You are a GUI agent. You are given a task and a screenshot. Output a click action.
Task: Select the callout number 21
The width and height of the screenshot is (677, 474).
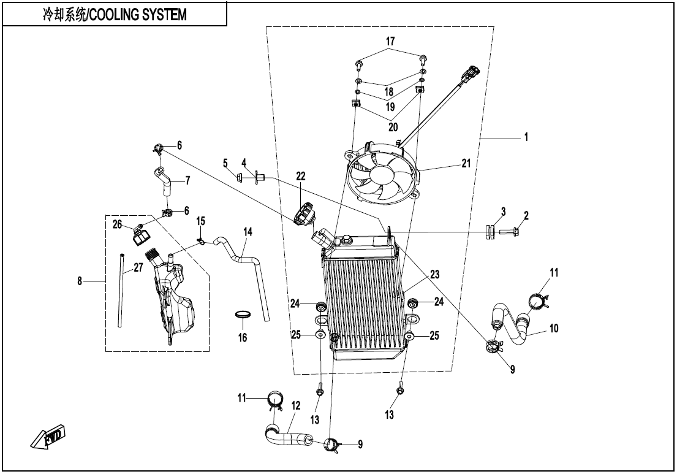tap(467, 164)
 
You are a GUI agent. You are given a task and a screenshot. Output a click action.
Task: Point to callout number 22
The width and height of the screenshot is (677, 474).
tap(300, 176)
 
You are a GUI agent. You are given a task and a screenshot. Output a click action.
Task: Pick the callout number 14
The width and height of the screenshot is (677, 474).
tap(248, 232)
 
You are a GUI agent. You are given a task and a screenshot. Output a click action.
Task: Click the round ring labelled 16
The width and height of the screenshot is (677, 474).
tap(243, 316)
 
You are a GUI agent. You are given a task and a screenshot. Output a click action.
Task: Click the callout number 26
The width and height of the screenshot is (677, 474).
tap(117, 224)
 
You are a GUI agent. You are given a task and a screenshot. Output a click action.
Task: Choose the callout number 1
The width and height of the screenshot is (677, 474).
tap(526, 138)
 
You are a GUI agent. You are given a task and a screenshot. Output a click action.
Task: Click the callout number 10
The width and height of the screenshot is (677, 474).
tap(553, 329)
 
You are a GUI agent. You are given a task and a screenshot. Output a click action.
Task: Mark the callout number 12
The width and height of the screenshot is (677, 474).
tap(296, 405)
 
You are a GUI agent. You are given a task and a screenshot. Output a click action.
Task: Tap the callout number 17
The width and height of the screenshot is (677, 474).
tap(390, 41)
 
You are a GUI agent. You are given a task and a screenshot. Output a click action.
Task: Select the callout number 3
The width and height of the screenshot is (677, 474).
tap(502, 212)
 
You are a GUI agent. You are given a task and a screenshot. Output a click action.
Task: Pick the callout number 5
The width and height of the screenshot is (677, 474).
tap(225, 163)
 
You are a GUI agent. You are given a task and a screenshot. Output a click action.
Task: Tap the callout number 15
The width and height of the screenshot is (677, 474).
tap(200, 221)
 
